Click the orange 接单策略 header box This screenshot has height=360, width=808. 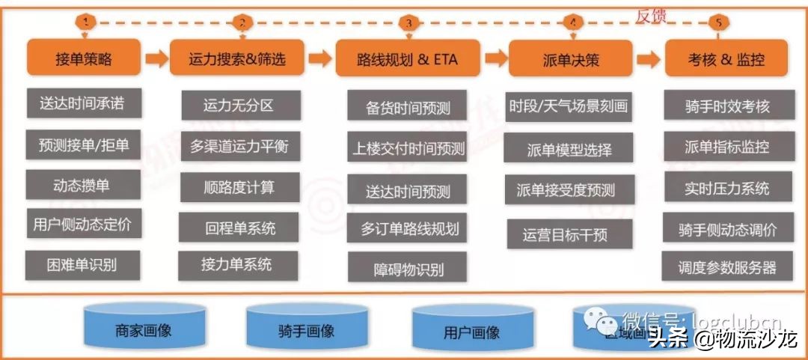click(83, 58)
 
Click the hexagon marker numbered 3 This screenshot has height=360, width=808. click(408, 22)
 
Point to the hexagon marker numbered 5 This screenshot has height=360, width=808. click(718, 22)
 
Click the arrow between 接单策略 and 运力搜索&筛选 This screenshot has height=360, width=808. click(156, 58)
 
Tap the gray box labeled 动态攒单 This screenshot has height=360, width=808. click(83, 184)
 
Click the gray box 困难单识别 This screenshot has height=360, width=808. click(83, 264)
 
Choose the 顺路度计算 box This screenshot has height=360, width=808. click(239, 187)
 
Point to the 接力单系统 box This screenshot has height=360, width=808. click(238, 265)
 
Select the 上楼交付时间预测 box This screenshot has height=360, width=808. click(408, 147)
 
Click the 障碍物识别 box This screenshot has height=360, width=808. click(408, 267)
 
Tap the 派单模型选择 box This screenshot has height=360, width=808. click(569, 149)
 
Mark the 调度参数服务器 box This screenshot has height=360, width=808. click(726, 267)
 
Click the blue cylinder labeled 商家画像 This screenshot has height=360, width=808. click(143, 327)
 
